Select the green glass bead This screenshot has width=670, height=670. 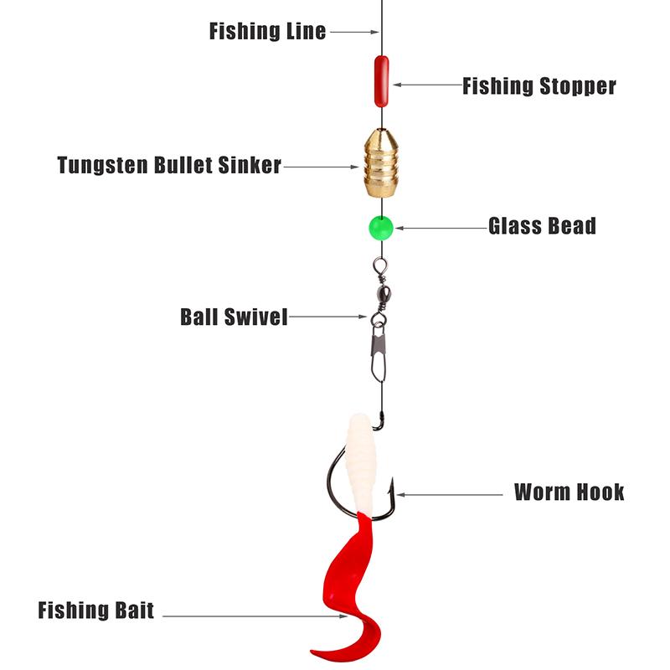click(380, 226)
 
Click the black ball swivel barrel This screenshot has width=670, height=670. click(379, 295)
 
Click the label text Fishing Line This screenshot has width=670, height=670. click(267, 32)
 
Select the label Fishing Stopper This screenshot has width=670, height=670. click(539, 85)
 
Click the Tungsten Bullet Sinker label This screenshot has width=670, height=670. click(169, 165)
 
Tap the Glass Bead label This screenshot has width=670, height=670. click(542, 226)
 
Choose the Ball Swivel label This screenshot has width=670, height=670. click(234, 317)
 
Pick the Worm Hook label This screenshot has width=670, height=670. click(569, 492)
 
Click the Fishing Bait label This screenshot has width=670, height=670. click(95, 611)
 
